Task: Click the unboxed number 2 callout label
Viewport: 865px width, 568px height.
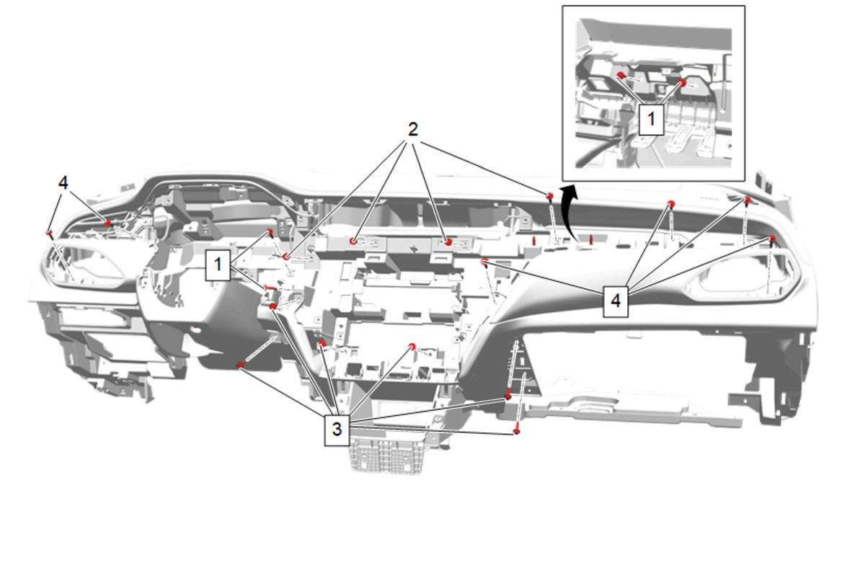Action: [413, 129]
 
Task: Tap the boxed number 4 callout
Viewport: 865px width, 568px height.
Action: [616, 301]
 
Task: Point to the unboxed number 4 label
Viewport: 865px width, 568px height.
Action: [63, 182]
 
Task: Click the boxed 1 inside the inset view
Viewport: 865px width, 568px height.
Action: [652, 119]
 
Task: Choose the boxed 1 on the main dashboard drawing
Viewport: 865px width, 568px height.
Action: [218, 265]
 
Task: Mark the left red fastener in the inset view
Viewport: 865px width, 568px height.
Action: [621, 75]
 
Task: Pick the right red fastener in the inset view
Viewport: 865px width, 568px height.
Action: [683, 83]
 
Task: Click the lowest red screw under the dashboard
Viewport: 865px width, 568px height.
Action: [517, 431]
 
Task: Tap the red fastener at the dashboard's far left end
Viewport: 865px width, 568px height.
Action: [49, 233]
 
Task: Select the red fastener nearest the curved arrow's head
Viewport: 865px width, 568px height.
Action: [550, 196]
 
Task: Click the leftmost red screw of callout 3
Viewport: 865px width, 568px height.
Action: [240, 365]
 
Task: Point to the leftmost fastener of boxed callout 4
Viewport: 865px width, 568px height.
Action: [484, 262]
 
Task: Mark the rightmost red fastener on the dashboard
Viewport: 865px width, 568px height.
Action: [771, 239]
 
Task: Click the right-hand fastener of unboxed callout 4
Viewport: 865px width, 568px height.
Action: [107, 223]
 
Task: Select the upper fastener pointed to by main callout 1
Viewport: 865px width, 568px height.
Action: [270, 231]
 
